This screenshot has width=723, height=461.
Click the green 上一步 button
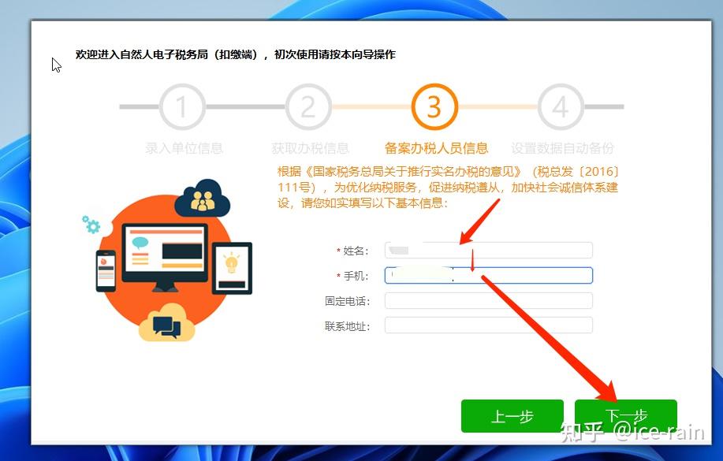(512, 416)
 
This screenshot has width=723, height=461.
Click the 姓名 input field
(488, 251)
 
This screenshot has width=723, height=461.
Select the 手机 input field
(488, 275)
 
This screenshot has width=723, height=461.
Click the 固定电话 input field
(488, 300)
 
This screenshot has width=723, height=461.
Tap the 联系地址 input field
(488, 325)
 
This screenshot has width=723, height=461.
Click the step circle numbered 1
(182, 106)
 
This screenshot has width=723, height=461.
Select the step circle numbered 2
(308, 106)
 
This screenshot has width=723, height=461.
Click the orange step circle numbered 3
(434, 106)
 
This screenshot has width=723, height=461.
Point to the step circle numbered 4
(561, 106)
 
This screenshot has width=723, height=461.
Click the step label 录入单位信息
(184, 148)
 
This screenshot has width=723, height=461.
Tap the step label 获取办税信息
(310, 148)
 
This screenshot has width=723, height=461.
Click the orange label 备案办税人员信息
(436, 148)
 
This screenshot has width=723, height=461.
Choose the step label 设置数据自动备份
(562, 148)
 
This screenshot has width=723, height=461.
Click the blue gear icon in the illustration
(92, 225)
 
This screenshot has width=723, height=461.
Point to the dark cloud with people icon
(203, 199)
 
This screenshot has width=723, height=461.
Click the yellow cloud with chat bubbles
(166, 323)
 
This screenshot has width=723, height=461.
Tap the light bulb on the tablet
(232, 264)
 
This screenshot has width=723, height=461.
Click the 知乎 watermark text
(582, 432)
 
